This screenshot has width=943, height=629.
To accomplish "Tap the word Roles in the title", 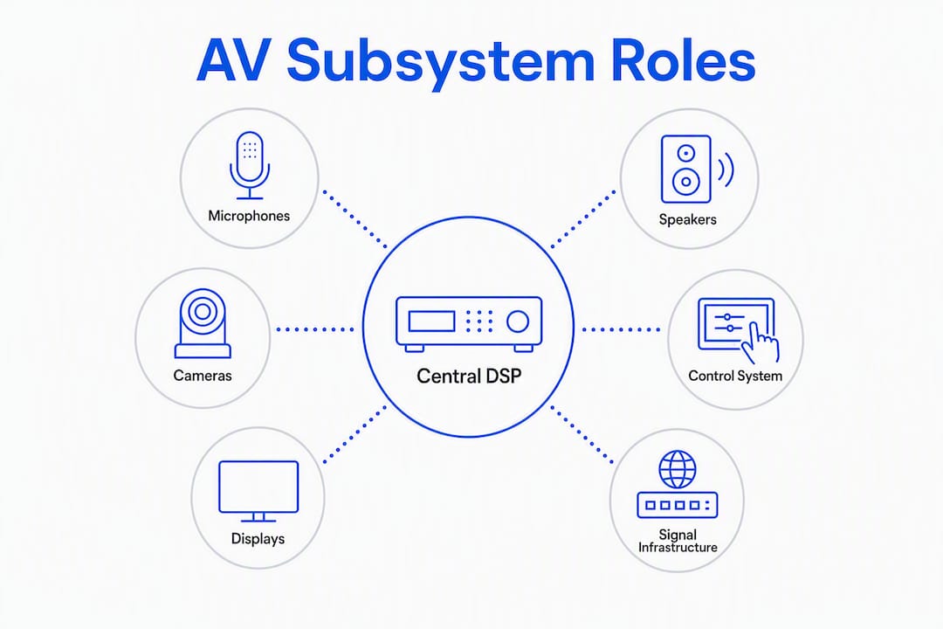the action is tap(683, 59).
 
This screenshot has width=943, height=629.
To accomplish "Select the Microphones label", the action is tap(249, 216).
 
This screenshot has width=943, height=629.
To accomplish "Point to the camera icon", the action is tap(203, 324).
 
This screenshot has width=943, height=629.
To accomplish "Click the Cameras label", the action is tap(202, 376).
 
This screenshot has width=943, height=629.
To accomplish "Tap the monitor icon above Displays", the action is tap(258, 492).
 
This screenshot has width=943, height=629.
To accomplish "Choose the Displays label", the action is tap(258, 539).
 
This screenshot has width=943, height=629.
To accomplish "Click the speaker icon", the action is tap(697, 169).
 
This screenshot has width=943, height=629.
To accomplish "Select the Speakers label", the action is tap(687, 219).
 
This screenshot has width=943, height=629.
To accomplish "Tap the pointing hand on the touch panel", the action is tap(761, 342).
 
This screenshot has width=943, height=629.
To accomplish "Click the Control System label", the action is tap(735, 377).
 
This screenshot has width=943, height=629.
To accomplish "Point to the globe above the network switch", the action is tap(678, 469).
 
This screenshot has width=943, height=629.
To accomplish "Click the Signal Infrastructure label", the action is tap(678, 541).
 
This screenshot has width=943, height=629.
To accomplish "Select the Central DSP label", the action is tap(469, 377).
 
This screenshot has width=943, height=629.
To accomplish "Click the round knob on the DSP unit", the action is tap(517, 321).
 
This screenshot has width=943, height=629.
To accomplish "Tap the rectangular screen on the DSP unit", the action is tap(432, 321).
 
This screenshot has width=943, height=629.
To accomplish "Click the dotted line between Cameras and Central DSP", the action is tap(315, 329).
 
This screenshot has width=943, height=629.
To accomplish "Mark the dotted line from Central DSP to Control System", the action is tap(622, 329).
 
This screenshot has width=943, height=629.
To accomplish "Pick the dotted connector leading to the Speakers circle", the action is tap(582, 219).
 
